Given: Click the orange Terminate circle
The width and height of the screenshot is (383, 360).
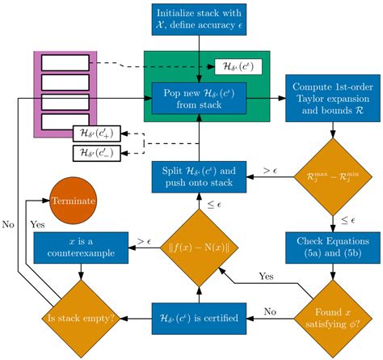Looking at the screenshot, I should [x=74, y=199].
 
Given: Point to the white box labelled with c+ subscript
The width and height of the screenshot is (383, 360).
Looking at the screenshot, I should [x=95, y=133].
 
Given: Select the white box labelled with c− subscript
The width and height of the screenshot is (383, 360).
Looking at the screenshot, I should [x=95, y=152].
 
